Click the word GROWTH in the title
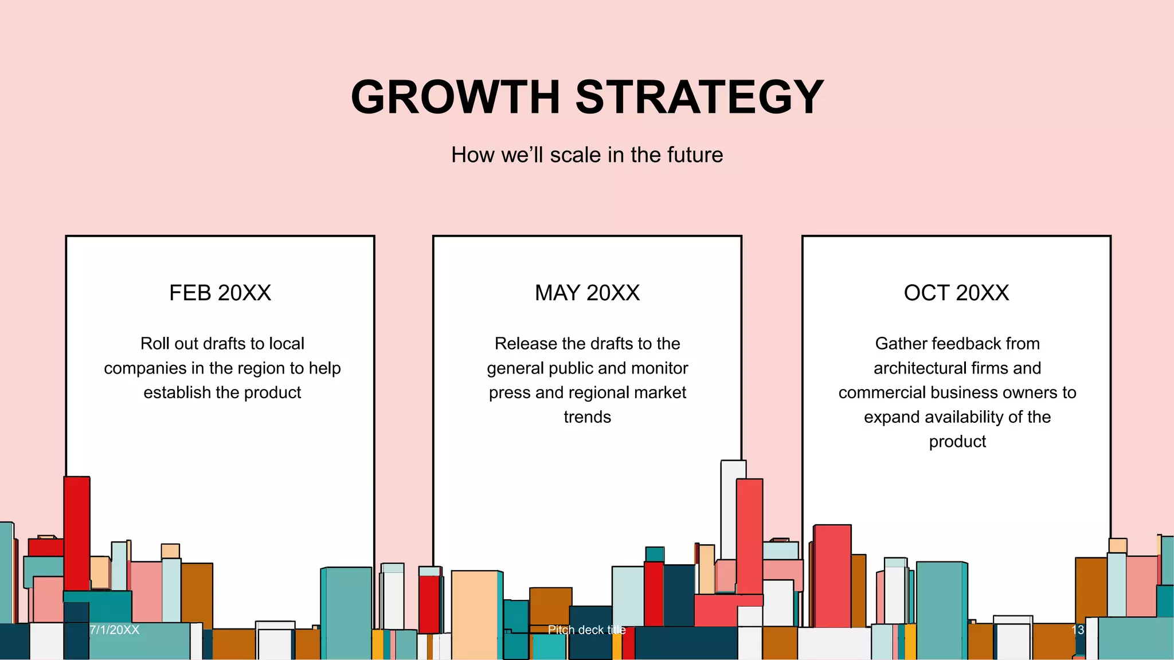click(x=455, y=97)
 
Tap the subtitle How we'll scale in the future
click(x=587, y=155)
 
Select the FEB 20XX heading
click(x=220, y=293)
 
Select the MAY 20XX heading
click(x=587, y=293)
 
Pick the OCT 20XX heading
click(x=956, y=293)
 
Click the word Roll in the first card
click(x=155, y=344)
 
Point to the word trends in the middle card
click(x=587, y=417)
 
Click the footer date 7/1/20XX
click(x=115, y=630)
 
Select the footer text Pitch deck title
click(x=586, y=630)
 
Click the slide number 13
click(x=1078, y=630)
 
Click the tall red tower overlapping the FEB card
click(x=77, y=533)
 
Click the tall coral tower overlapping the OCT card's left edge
click(x=832, y=573)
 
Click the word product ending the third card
click(x=957, y=442)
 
